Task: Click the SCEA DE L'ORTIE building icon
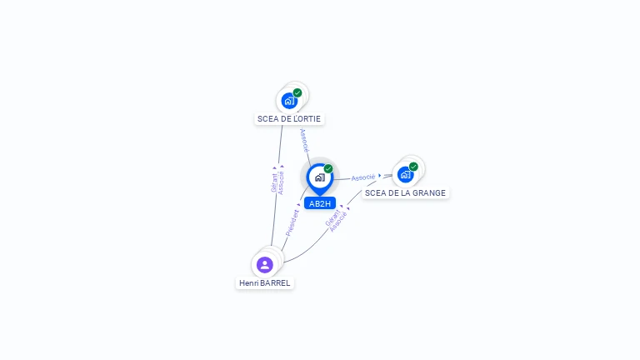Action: (x=289, y=101)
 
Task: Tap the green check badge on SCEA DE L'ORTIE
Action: (x=297, y=92)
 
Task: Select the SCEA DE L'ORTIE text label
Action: (x=289, y=119)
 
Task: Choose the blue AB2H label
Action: (x=320, y=203)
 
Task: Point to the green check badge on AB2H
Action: (x=328, y=168)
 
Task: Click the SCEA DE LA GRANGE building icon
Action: (x=405, y=175)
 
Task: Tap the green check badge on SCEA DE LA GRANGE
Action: (x=413, y=167)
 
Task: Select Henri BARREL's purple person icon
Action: (x=264, y=265)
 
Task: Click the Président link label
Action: (x=292, y=222)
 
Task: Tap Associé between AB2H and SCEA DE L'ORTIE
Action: (x=304, y=140)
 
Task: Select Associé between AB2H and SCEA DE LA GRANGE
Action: (x=362, y=177)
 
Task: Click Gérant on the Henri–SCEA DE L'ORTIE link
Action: (x=274, y=182)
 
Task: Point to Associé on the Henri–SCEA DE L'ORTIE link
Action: (x=281, y=182)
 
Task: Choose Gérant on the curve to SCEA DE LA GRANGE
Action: (x=332, y=218)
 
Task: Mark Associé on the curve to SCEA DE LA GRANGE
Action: (x=338, y=222)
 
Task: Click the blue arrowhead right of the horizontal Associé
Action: (x=380, y=176)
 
